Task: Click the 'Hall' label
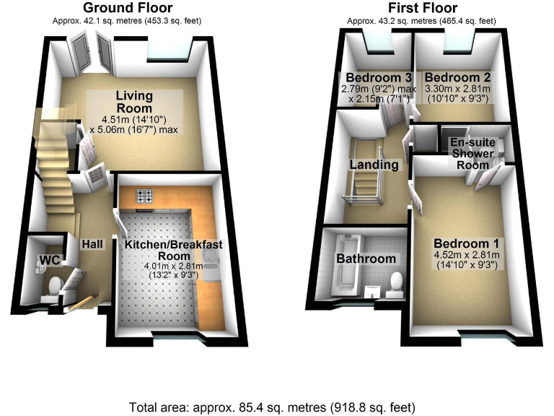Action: (92, 245)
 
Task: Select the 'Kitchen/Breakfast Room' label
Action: (173, 251)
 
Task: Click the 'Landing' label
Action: (374, 165)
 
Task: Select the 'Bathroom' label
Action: (366, 259)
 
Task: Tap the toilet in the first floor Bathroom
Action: (395, 283)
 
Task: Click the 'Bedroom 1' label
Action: (464, 243)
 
